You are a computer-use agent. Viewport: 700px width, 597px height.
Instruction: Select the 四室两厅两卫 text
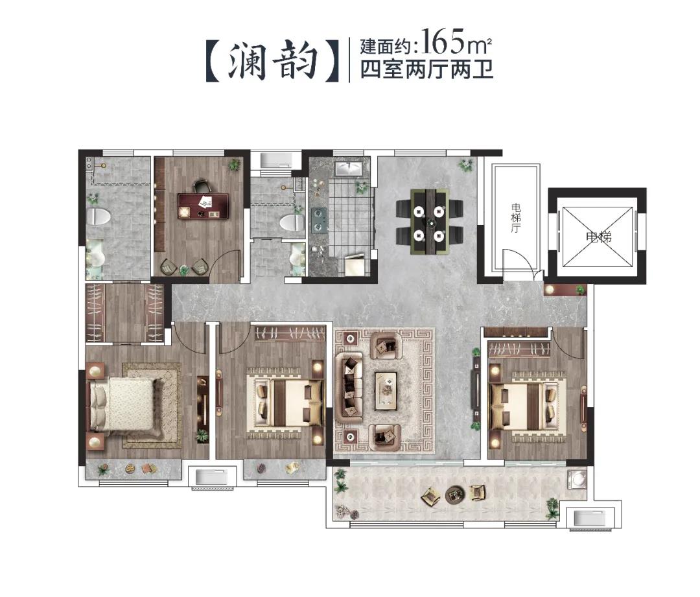point(427,69)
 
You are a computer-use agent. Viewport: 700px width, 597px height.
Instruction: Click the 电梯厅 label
point(515,218)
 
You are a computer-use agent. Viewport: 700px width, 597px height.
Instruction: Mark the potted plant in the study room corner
point(234,165)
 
